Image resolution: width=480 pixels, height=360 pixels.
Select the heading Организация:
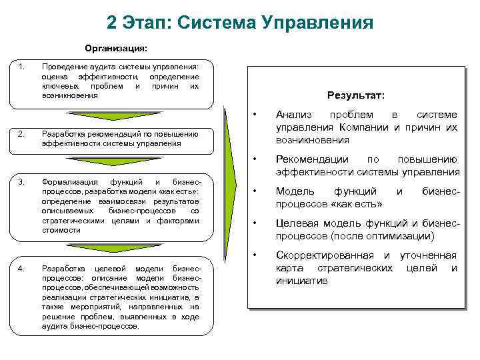(116, 48)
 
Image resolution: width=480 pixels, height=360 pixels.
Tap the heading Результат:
(356, 95)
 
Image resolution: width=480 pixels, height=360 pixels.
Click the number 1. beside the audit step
(23, 66)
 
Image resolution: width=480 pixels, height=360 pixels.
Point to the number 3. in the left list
(23, 182)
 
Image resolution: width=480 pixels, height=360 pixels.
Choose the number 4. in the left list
(23, 268)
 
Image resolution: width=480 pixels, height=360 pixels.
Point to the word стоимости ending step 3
(61, 230)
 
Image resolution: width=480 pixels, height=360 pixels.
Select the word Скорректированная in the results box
(326, 255)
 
